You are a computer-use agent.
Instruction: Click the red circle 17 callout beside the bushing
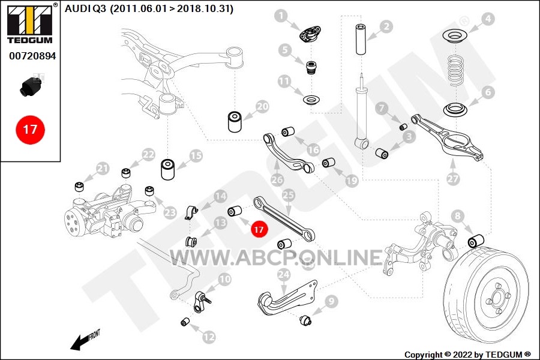[259, 229]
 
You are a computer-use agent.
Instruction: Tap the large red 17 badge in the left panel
[30, 130]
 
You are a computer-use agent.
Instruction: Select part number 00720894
[32, 56]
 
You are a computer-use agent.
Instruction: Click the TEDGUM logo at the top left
[31, 24]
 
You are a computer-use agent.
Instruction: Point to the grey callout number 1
[281, 16]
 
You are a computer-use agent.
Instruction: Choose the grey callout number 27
[452, 178]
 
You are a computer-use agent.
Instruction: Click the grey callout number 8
[457, 216]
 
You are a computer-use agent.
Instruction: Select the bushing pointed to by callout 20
[235, 121]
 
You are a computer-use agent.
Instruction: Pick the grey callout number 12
[209, 337]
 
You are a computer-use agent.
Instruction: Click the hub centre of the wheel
[497, 298]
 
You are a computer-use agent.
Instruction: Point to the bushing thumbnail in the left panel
[31, 86]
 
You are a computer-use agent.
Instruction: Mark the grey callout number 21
[102, 169]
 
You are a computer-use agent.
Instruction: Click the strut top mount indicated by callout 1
[310, 35]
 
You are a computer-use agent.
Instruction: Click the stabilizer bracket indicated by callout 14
[191, 212]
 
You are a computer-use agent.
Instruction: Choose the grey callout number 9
[331, 301]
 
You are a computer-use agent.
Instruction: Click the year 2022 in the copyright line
[463, 355]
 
